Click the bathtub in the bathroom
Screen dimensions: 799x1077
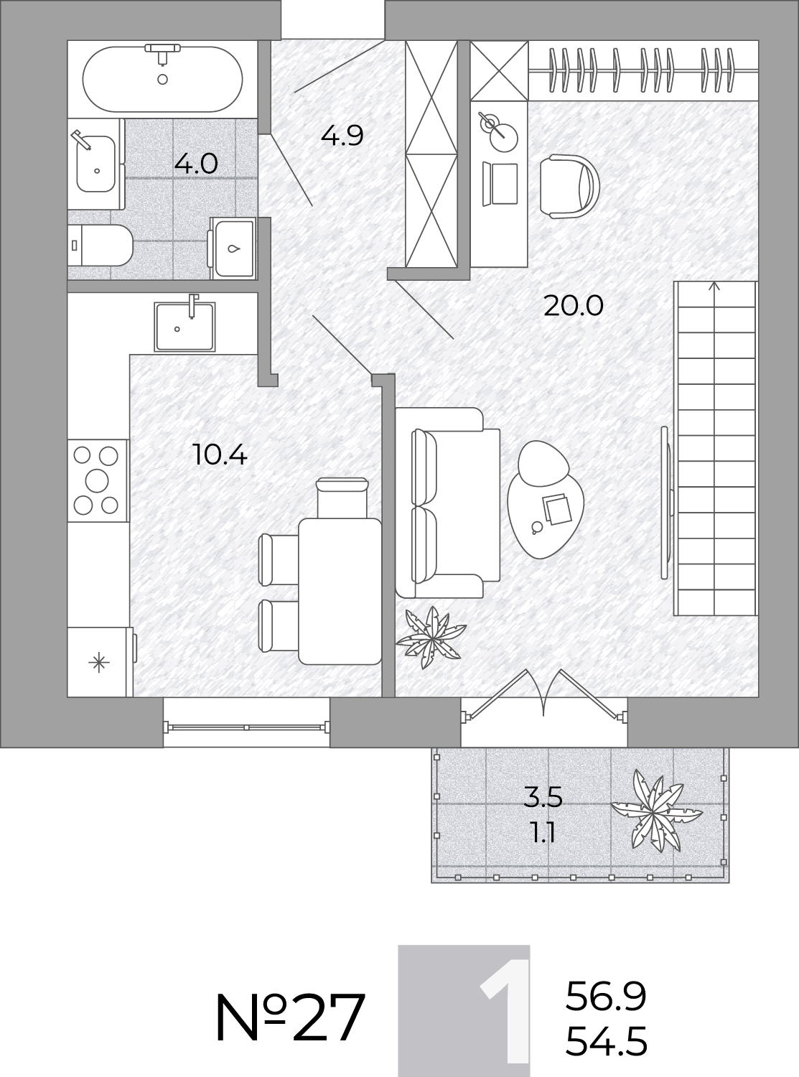tap(162, 79)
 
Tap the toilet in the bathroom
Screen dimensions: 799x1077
tap(100, 246)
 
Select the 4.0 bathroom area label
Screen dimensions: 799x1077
tap(196, 164)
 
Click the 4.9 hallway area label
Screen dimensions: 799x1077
tap(342, 136)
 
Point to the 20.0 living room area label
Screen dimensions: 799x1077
tap(574, 306)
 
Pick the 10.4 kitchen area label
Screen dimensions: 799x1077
tap(220, 455)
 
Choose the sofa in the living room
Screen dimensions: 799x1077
tap(447, 503)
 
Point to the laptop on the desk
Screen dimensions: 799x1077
tap(500, 184)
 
